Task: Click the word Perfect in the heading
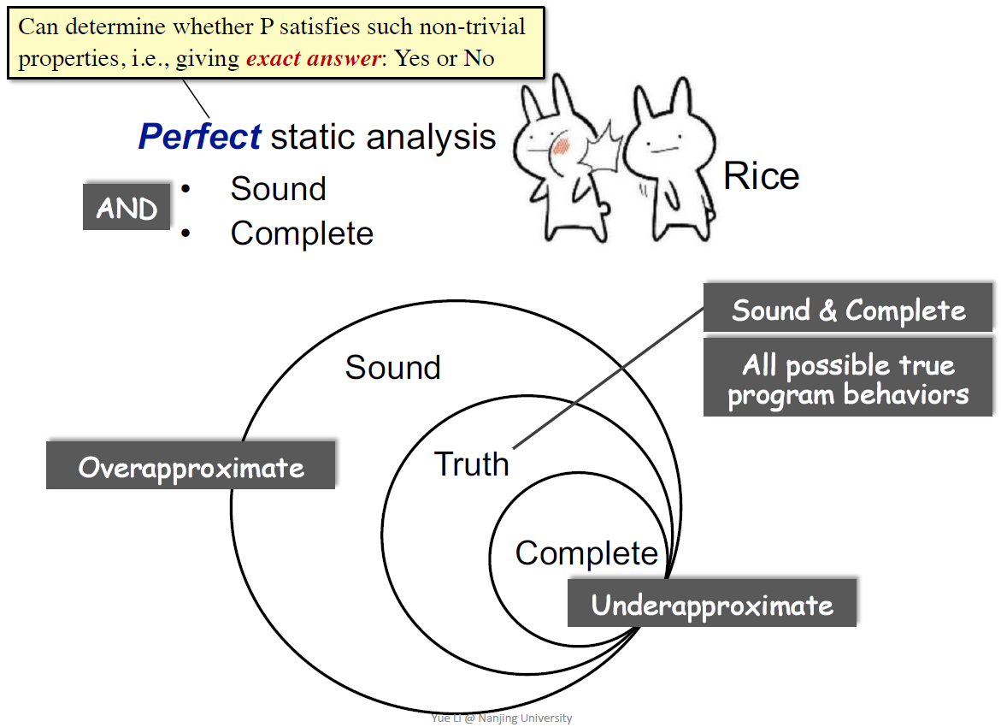coord(199,137)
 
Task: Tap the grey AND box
coord(127,209)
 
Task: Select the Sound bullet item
coord(278,189)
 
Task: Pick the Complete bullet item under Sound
coord(302,233)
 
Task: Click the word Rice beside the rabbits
coord(761,176)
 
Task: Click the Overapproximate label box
coord(191,467)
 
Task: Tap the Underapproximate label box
coord(711,605)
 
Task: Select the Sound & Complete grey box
coord(848,310)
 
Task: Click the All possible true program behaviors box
coord(848,379)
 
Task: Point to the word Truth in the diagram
coord(471,464)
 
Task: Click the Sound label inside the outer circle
coord(392,368)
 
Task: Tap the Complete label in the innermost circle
coord(586,553)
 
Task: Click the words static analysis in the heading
coord(383,137)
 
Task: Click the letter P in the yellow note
coord(268,27)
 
